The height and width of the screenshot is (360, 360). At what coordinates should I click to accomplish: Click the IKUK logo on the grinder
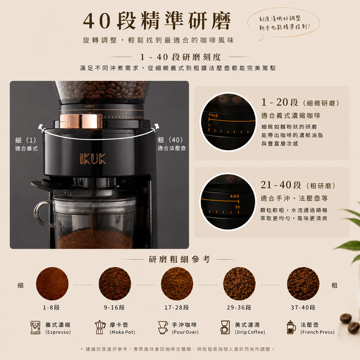pyautogui.click(x=93, y=159)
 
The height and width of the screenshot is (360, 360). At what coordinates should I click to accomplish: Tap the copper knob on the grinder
pyautogui.click(x=81, y=121)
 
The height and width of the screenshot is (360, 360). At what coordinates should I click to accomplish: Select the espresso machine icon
pyautogui.click(x=35, y=327)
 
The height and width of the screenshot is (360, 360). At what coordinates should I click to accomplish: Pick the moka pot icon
pyautogui.click(x=100, y=327)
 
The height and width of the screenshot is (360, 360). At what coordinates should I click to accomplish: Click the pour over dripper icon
pyautogui.click(x=163, y=327)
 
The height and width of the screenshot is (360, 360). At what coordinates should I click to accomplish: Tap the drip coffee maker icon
pyautogui.click(x=225, y=327)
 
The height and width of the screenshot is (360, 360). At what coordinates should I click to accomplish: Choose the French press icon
pyautogui.click(x=291, y=327)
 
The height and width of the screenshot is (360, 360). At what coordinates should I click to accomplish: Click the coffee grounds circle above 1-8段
pyautogui.click(x=52, y=284)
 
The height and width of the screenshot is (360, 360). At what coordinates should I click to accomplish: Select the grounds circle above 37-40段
pyautogui.click(x=303, y=284)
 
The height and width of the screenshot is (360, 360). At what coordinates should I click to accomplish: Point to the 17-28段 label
pyautogui.click(x=176, y=307)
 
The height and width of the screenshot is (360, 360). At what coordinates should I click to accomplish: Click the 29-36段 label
pyautogui.click(x=239, y=307)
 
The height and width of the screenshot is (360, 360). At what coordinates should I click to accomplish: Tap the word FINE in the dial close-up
pyautogui.click(x=213, y=116)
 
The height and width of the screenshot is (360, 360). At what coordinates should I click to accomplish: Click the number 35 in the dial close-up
pyautogui.click(x=238, y=207)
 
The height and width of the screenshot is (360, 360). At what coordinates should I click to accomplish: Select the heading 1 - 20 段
pyautogui.click(x=280, y=102)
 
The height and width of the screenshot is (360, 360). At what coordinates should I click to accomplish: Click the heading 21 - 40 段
pyautogui.click(x=280, y=185)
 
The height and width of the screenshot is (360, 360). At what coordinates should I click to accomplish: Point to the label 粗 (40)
pyautogui.click(x=170, y=140)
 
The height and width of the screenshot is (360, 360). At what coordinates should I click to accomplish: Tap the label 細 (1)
pyautogui.click(x=26, y=140)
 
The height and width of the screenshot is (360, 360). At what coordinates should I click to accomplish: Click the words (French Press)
pyautogui.click(x=317, y=332)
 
